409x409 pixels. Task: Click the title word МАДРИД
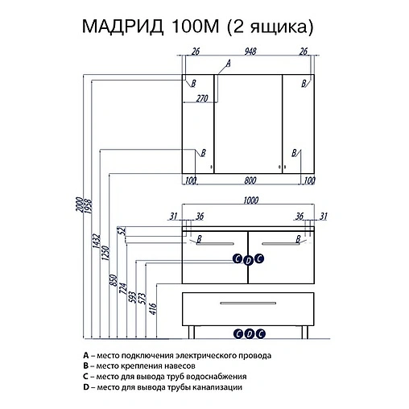click(x=121, y=29)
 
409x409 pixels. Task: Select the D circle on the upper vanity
click(x=248, y=258)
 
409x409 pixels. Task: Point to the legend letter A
click(x=85, y=355)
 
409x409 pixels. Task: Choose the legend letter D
click(x=85, y=386)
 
